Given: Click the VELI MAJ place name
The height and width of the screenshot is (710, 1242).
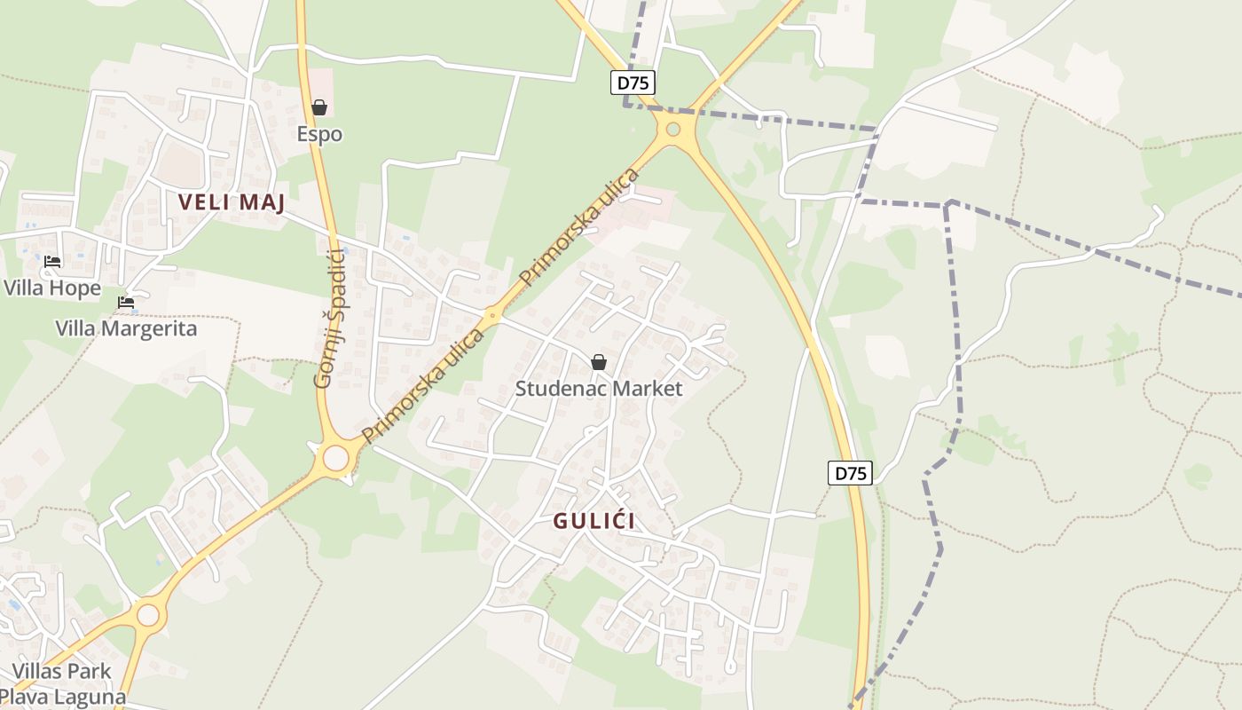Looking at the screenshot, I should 232,202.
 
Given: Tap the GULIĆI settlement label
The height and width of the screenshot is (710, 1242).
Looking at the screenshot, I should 594,521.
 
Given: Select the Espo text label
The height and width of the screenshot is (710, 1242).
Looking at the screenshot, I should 319,134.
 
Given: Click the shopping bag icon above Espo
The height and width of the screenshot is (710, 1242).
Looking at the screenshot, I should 319,108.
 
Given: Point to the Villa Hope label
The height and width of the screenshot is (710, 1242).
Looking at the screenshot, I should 52,288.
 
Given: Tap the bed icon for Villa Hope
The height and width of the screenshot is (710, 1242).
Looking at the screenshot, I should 52,262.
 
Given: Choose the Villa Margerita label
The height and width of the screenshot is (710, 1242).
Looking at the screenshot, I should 126,328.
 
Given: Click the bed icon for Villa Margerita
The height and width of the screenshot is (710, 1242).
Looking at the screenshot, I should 126,303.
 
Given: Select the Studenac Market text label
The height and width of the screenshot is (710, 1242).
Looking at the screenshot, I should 599,389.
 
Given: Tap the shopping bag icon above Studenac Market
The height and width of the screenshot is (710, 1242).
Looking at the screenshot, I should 599,362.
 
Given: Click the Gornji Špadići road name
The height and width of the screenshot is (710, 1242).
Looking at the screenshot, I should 329,319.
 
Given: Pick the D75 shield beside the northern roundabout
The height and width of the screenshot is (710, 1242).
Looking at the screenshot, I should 632,83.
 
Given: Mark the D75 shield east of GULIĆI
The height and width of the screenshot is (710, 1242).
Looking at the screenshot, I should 850,473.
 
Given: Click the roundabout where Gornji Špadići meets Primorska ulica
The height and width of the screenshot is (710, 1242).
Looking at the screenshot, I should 335,458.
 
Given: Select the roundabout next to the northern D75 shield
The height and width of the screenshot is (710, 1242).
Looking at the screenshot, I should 673,130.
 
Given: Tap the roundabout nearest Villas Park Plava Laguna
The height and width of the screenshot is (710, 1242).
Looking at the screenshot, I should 148,614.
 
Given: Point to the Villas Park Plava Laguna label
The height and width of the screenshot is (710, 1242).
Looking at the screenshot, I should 62,683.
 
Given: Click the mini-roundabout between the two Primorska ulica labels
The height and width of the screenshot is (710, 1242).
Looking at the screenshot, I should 493,314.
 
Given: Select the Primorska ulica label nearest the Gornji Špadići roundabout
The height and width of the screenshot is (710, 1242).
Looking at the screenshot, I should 424,386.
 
